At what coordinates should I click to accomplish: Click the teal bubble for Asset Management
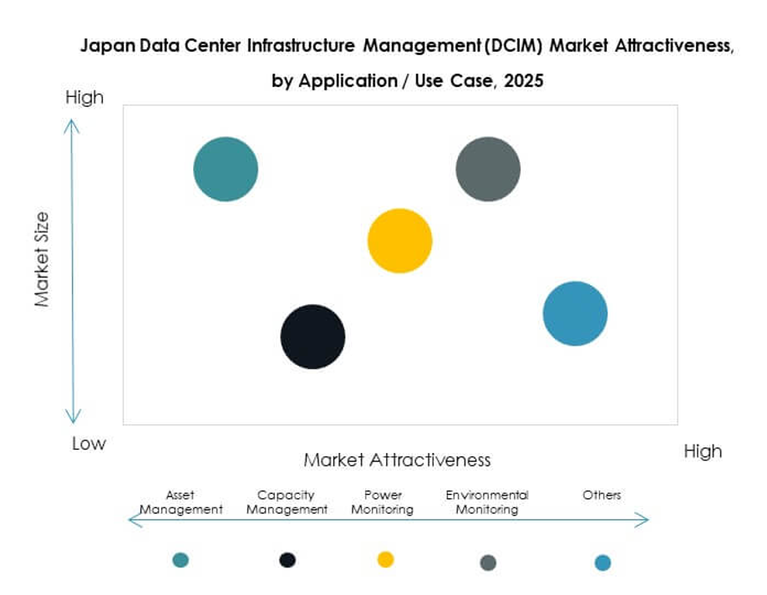[x=226, y=169]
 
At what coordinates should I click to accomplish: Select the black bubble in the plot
[x=312, y=337]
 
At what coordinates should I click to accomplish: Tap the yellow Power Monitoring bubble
[x=400, y=241]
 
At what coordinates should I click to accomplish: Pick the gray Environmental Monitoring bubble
[x=488, y=169]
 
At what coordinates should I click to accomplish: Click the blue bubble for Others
[x=575, y=313]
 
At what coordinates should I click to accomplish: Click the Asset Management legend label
[x=180, y=502]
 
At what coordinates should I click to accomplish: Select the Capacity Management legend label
[x=287, y=502]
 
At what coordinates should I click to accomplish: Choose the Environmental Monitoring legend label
[x=487, y=502]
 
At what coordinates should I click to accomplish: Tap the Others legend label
[x=602, y=496]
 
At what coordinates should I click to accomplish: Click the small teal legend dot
[x=180, y=560]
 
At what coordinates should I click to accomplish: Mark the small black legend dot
[x=287, y=560]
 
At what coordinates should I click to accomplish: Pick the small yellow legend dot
[x=385, y=559]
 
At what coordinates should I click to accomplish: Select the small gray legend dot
[x=488, y=562]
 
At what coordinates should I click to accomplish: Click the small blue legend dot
[x=602, y=562]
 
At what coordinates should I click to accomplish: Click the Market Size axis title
[x=43, y=259]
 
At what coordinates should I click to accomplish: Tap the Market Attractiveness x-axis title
[x=397, y=460]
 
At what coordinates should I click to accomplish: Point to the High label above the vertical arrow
[x=84, y=98]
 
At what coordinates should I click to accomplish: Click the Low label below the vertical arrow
[x=89, y=444]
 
